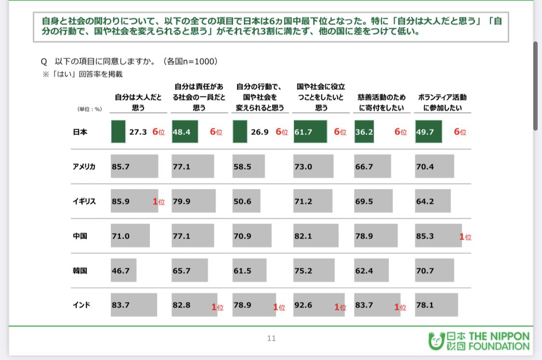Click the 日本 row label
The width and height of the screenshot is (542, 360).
coord(80,132)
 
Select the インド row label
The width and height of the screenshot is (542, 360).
coord(81,305)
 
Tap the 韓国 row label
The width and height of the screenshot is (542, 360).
coord(80,270)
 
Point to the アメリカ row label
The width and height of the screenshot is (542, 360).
coord(84,167)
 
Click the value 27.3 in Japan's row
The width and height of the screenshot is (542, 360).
coord(138,132)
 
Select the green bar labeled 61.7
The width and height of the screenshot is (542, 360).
coord(310,132)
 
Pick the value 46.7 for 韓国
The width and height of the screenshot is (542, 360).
coord(120,271)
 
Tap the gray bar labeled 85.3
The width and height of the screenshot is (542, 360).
coord(438,236)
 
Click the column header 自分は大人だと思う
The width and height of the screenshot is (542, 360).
coord(138,103)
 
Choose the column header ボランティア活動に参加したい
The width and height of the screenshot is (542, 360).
coord(442,103)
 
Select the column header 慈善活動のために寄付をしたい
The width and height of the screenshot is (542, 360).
coord(382,103)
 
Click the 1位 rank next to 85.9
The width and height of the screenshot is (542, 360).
coord(159,202)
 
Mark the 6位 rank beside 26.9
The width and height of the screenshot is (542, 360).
coord(281,132)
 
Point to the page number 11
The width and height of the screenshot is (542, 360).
coord(271,338)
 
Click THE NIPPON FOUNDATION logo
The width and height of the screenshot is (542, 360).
coord(479,341)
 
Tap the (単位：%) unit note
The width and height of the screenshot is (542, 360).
coord(90,109)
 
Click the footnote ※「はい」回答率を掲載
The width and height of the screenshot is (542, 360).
coord(82,74)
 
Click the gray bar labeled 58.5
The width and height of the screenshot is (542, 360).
coord(250,167)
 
